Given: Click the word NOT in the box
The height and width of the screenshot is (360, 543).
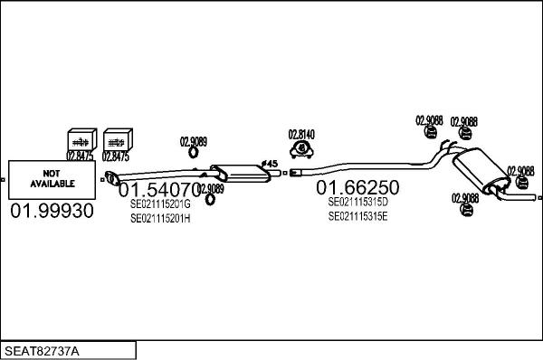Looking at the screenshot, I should pyautogui.click(x=50, y=172).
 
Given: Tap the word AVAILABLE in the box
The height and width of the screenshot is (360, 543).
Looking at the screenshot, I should pyautogui.click(x=50, y=183).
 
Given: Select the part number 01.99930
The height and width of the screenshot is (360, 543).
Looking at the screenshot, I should pyautogui.click(x=51, y=212).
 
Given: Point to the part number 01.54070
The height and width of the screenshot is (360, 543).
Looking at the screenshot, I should pyautogui.click(x=159, y=191).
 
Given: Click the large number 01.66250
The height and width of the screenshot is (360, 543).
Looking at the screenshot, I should pyautogui.click(x=357, y=188).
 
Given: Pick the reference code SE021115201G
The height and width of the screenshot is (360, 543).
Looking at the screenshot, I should pyautogui.click(x=160, y=204).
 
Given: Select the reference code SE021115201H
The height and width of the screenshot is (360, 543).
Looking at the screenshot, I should pyautogui.click(x=160, y=218).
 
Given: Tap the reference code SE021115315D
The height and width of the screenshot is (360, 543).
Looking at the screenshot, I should pyautogui.click(x=357, y=203).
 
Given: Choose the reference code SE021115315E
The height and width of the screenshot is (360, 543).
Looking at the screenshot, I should pyautogui.click(x=357, y=216).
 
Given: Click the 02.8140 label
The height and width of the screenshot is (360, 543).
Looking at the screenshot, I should pyautogui.click(x=301, y=135).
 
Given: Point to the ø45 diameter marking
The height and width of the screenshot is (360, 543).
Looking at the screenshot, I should pyautogui.click(x=269, y=164).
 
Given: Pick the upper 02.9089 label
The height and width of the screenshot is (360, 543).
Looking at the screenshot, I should pyautogui.click(x=193, y=141).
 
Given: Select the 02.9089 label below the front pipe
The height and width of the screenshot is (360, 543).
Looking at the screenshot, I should pyautogui.click(x=211, y=188).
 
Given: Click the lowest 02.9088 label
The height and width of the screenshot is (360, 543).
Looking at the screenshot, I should pyautogui.click(x=464, y=198).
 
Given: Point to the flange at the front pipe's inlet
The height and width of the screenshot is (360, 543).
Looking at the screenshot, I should pyautogui.click(x=110, y=176).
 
